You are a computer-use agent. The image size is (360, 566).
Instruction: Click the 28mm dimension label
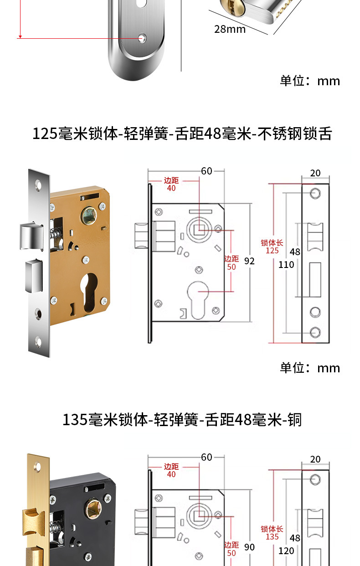[230, 29]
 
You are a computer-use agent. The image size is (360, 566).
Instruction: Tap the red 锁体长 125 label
[272, 247]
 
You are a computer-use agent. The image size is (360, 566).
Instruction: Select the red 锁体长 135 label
[272, 533]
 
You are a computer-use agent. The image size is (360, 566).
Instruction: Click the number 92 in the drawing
[249, 261]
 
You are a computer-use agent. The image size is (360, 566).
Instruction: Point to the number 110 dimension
[286, 265]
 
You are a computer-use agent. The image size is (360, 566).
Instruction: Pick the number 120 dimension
[286, 551]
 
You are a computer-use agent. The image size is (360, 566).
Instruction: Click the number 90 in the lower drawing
[249, 547]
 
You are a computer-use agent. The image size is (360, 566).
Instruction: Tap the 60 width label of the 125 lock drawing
[206, 171]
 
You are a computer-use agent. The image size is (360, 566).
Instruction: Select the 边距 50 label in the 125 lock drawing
[231, 263]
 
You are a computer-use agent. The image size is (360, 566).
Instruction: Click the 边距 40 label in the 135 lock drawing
[171, 470]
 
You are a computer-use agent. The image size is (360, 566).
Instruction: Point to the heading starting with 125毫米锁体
[182, 134]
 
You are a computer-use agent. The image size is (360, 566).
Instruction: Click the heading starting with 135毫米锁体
[182, 420]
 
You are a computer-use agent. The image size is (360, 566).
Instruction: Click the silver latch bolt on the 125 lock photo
[31, 236]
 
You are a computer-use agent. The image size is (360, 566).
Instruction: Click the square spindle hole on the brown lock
[89, 215]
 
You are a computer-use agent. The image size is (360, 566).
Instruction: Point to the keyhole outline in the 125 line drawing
[198, 300]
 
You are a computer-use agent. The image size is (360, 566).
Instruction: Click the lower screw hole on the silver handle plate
[142, 38]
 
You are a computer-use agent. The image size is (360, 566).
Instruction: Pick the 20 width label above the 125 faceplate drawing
[315, 173]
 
